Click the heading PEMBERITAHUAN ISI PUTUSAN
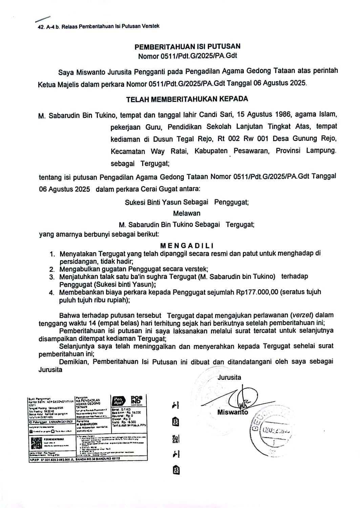click(x=187, y=46)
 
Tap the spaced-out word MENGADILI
click(x=187, y=246)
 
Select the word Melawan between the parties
click(x=187, y=213)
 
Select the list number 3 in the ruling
click(x=52, y=277)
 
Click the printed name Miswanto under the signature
click(x=233, y=412)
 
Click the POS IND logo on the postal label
click(x=137, y=400)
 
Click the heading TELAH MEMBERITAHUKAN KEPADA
click(x=187, y=99)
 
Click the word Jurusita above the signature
click(x=229, y=377)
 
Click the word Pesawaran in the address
click(x=251, y=151)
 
